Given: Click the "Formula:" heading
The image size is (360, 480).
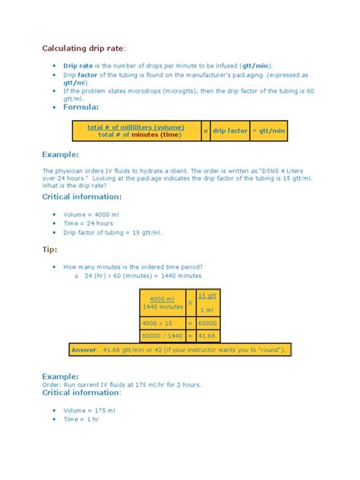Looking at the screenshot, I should [x=81, y=107].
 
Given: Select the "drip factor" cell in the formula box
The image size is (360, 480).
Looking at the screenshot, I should [x=230, y=131].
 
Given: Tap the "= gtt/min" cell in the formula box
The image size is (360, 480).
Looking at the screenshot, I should [x=269, y=131].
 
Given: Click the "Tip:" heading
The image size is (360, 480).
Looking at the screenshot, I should [x=49, y=248].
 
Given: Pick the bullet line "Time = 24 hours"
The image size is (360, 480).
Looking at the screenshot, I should [x=88, y=223].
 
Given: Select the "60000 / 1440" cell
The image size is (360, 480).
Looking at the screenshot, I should [x=162, y=335].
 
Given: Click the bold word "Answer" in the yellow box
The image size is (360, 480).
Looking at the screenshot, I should [x=84, y=349].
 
